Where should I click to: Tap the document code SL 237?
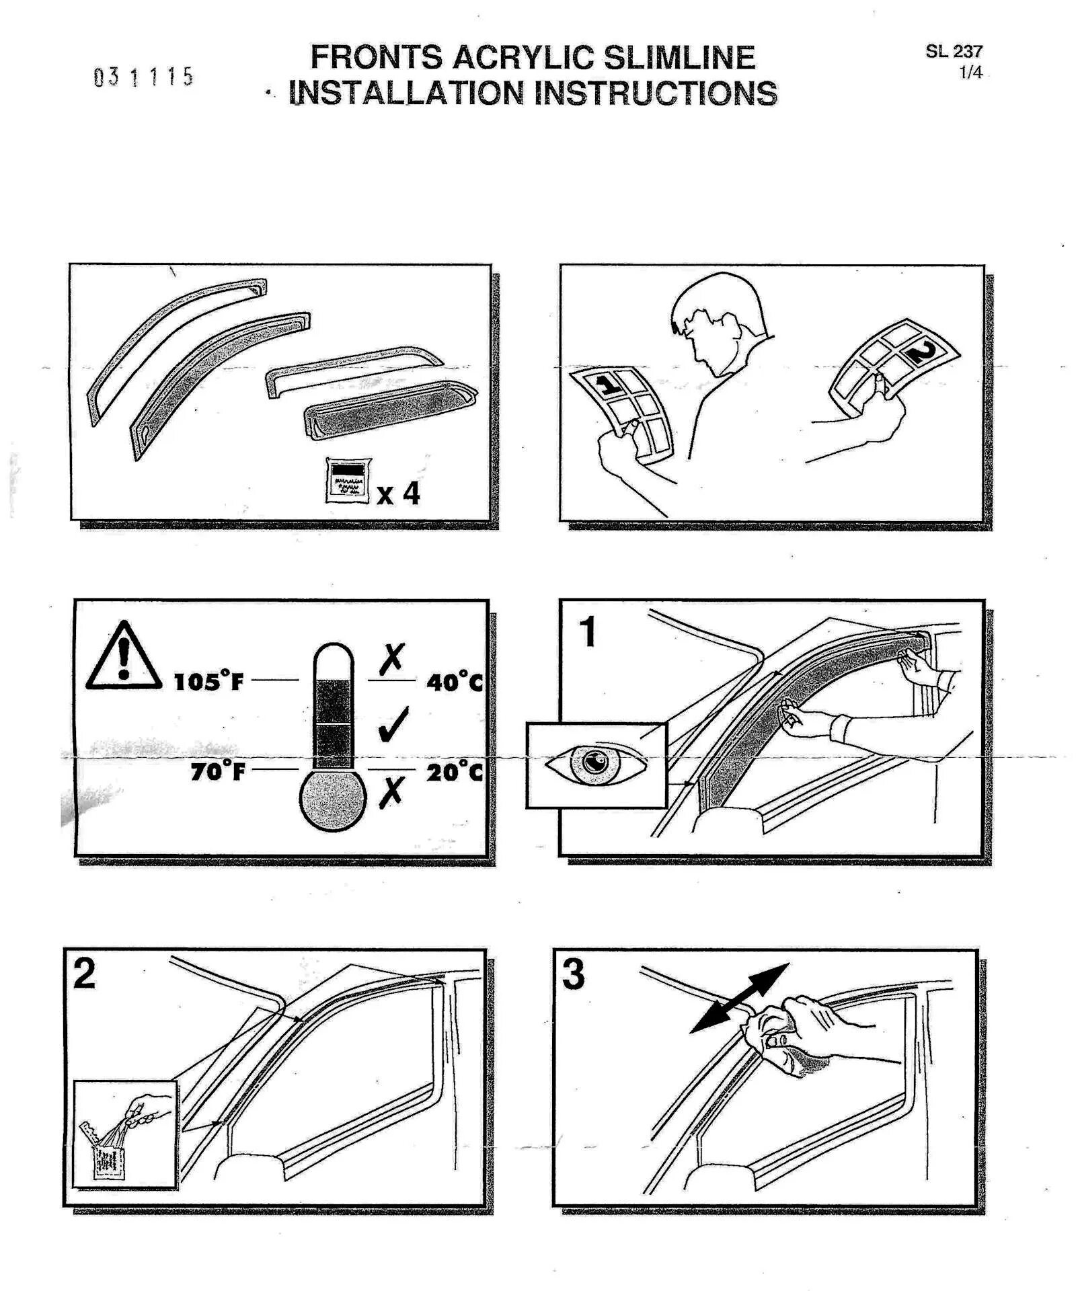[954, 51]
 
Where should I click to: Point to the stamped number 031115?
[143, 77]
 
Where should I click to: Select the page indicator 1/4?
[970, 72]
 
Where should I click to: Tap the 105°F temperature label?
[208, 681]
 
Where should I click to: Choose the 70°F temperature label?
[217, 771]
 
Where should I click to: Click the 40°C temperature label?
[455, 682]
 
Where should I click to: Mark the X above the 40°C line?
[391, 659]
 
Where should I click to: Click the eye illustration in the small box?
[595, 764]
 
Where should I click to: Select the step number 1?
[588, 631]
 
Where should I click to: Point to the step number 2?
[84, 974]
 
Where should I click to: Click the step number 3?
[573, 974]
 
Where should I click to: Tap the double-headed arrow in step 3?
[740, 998]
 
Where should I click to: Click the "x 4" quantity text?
[398, 494]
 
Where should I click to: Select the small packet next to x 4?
[348, 481]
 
